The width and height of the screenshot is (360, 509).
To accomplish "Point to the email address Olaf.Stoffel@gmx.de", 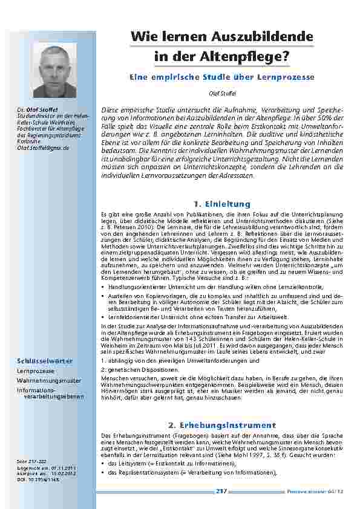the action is tap(43, 148).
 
